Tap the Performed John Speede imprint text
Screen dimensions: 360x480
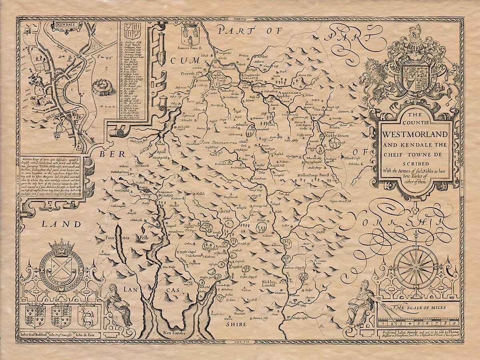pos(416,334)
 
